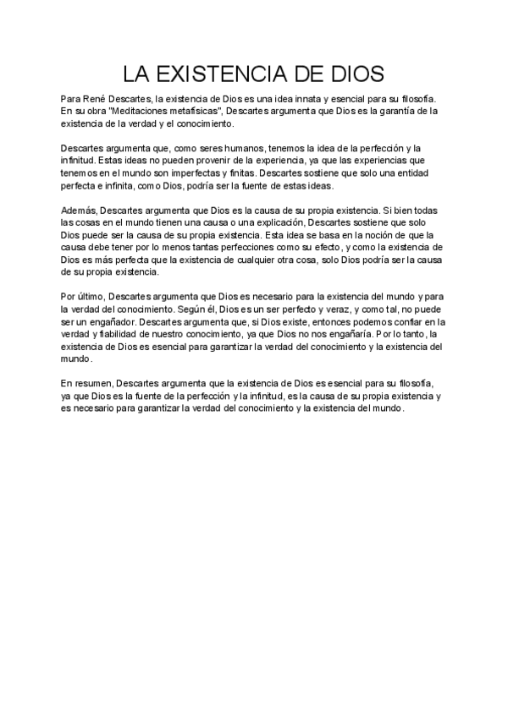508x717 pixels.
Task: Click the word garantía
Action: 404,111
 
